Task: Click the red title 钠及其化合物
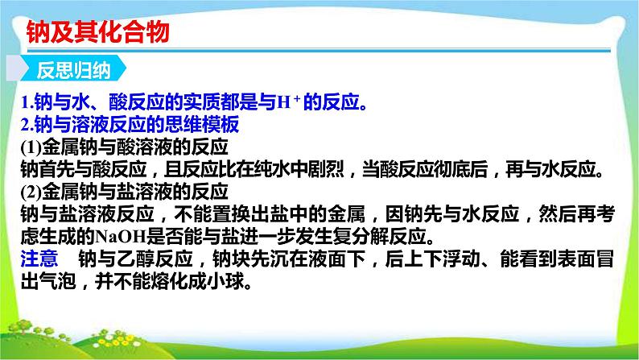point(98,31)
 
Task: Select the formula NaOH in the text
point(120,237)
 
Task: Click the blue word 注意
point(39,259)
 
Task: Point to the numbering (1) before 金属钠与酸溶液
point(31,147)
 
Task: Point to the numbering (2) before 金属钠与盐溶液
point(31,192)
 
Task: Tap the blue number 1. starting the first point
point(27,102)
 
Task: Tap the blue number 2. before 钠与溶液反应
point(27,124)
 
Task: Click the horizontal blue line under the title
point(319,51)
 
